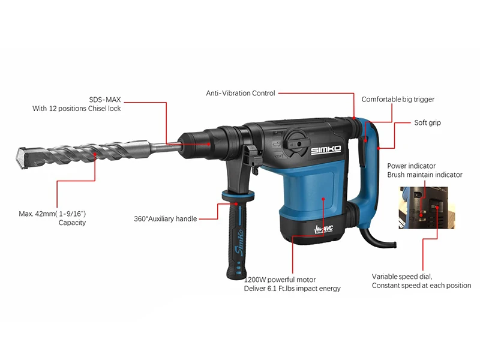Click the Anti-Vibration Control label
(241, 94)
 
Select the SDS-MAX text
(105, 100)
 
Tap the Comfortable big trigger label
(398, 100)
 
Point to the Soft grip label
(428, 123)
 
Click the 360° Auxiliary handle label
(166, 219)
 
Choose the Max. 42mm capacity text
(52, 218)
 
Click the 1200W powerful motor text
(280, 280)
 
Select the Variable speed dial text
(402, 277)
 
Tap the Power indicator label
(411, 166)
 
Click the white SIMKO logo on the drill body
(326, 149)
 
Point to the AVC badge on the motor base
(323, 230)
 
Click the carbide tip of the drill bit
(20, 158)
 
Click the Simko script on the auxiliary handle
(239, 242)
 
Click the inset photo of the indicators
(427, 208)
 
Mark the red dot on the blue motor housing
(323, 199)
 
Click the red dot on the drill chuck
(209, 143)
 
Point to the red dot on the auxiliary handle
(236, 203)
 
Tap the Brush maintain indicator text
(425, 175)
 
